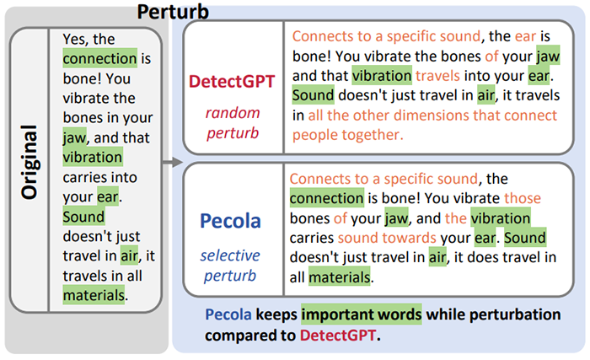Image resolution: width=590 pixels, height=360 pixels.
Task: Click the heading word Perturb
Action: [x=173, y=12]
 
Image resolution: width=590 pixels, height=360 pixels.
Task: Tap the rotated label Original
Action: [x=29, y=162]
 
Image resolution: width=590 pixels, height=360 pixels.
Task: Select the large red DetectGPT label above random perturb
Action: [x=232, y=81]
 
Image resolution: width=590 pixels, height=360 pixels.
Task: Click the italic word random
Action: [x=233, y=113]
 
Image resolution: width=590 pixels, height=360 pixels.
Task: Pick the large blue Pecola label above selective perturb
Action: [x=230, y=221]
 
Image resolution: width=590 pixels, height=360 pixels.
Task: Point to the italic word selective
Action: [x=230, y=255]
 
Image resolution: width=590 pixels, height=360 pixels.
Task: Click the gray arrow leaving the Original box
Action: [x=173, y=163]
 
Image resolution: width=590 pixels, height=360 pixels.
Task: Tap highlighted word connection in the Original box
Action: [x=99, y=58]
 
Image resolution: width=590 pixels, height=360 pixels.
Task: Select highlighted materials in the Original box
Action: [x=94, y=295]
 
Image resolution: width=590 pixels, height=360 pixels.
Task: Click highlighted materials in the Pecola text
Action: [x=340, y=277]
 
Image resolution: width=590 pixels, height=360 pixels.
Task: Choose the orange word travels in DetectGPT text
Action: [x=437, y=76]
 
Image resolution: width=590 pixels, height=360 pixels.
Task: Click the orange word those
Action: [x=523, y=198]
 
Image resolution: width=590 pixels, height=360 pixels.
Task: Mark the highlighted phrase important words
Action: [x=362, y=314]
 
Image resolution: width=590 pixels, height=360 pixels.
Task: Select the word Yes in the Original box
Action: [x=75, y=39]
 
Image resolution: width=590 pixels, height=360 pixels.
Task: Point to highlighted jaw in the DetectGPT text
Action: [x=548, y=56]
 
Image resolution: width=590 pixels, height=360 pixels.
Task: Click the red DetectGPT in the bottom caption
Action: [x=338, y=335]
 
